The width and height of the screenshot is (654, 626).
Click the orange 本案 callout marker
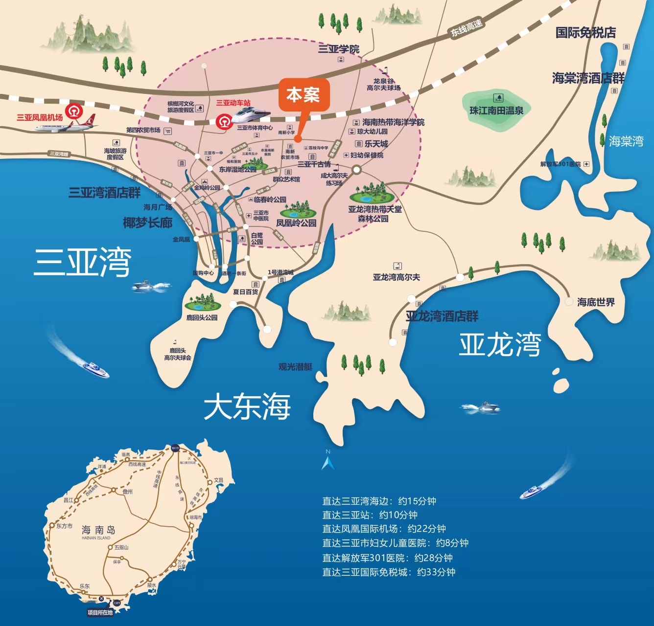[304, 95]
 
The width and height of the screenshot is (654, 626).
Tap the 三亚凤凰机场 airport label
[40, 117]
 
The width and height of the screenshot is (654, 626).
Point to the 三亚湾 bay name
[82, 262]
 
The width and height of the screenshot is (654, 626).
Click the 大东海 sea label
[247, 406]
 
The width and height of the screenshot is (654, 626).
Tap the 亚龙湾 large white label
[500, 344]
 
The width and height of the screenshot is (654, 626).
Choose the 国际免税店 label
[585, 33]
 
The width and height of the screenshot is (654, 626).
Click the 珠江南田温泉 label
[496, 111]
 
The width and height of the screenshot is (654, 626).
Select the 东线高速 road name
[467, 28]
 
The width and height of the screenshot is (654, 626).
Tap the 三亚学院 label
[339, 49]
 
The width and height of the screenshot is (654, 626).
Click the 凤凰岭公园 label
[296, 223]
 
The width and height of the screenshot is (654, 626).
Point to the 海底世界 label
[596, 302]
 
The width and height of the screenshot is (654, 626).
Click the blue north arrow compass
[328, 461]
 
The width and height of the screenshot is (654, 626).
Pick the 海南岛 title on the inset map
[98, 530]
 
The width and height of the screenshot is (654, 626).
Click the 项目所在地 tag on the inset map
[100, 612]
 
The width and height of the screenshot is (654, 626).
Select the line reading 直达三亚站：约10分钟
[370, 515]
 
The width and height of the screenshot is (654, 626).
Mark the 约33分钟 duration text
[436, 572]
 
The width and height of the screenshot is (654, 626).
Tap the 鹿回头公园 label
[202, 318]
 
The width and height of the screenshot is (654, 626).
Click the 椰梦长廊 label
[147, 223]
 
